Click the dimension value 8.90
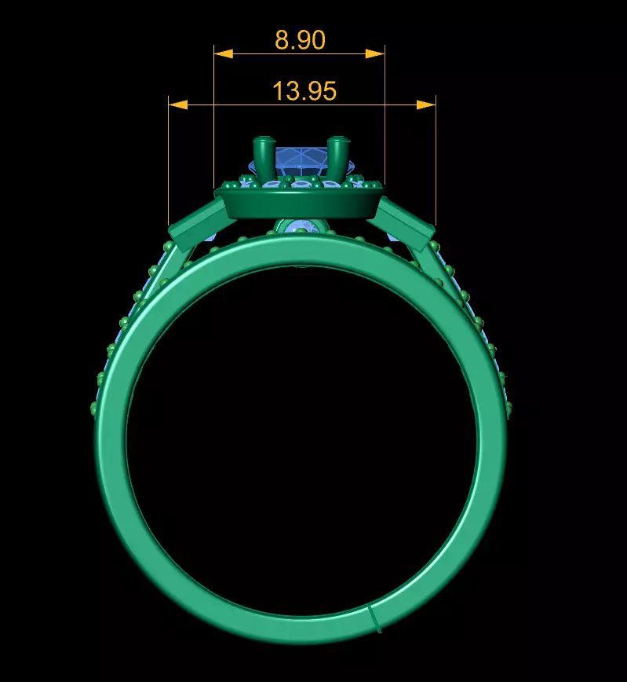[300, 40]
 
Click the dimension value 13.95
[304, 91]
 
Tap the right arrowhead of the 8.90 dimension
[375, 53]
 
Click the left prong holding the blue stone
[262, 157]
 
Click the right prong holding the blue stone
[338, 157]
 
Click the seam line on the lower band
[375, 618]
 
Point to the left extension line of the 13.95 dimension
[169, 165]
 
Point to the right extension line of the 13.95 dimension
[436, 165]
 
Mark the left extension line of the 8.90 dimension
[214, 118]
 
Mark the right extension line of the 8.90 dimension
[385, 118]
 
